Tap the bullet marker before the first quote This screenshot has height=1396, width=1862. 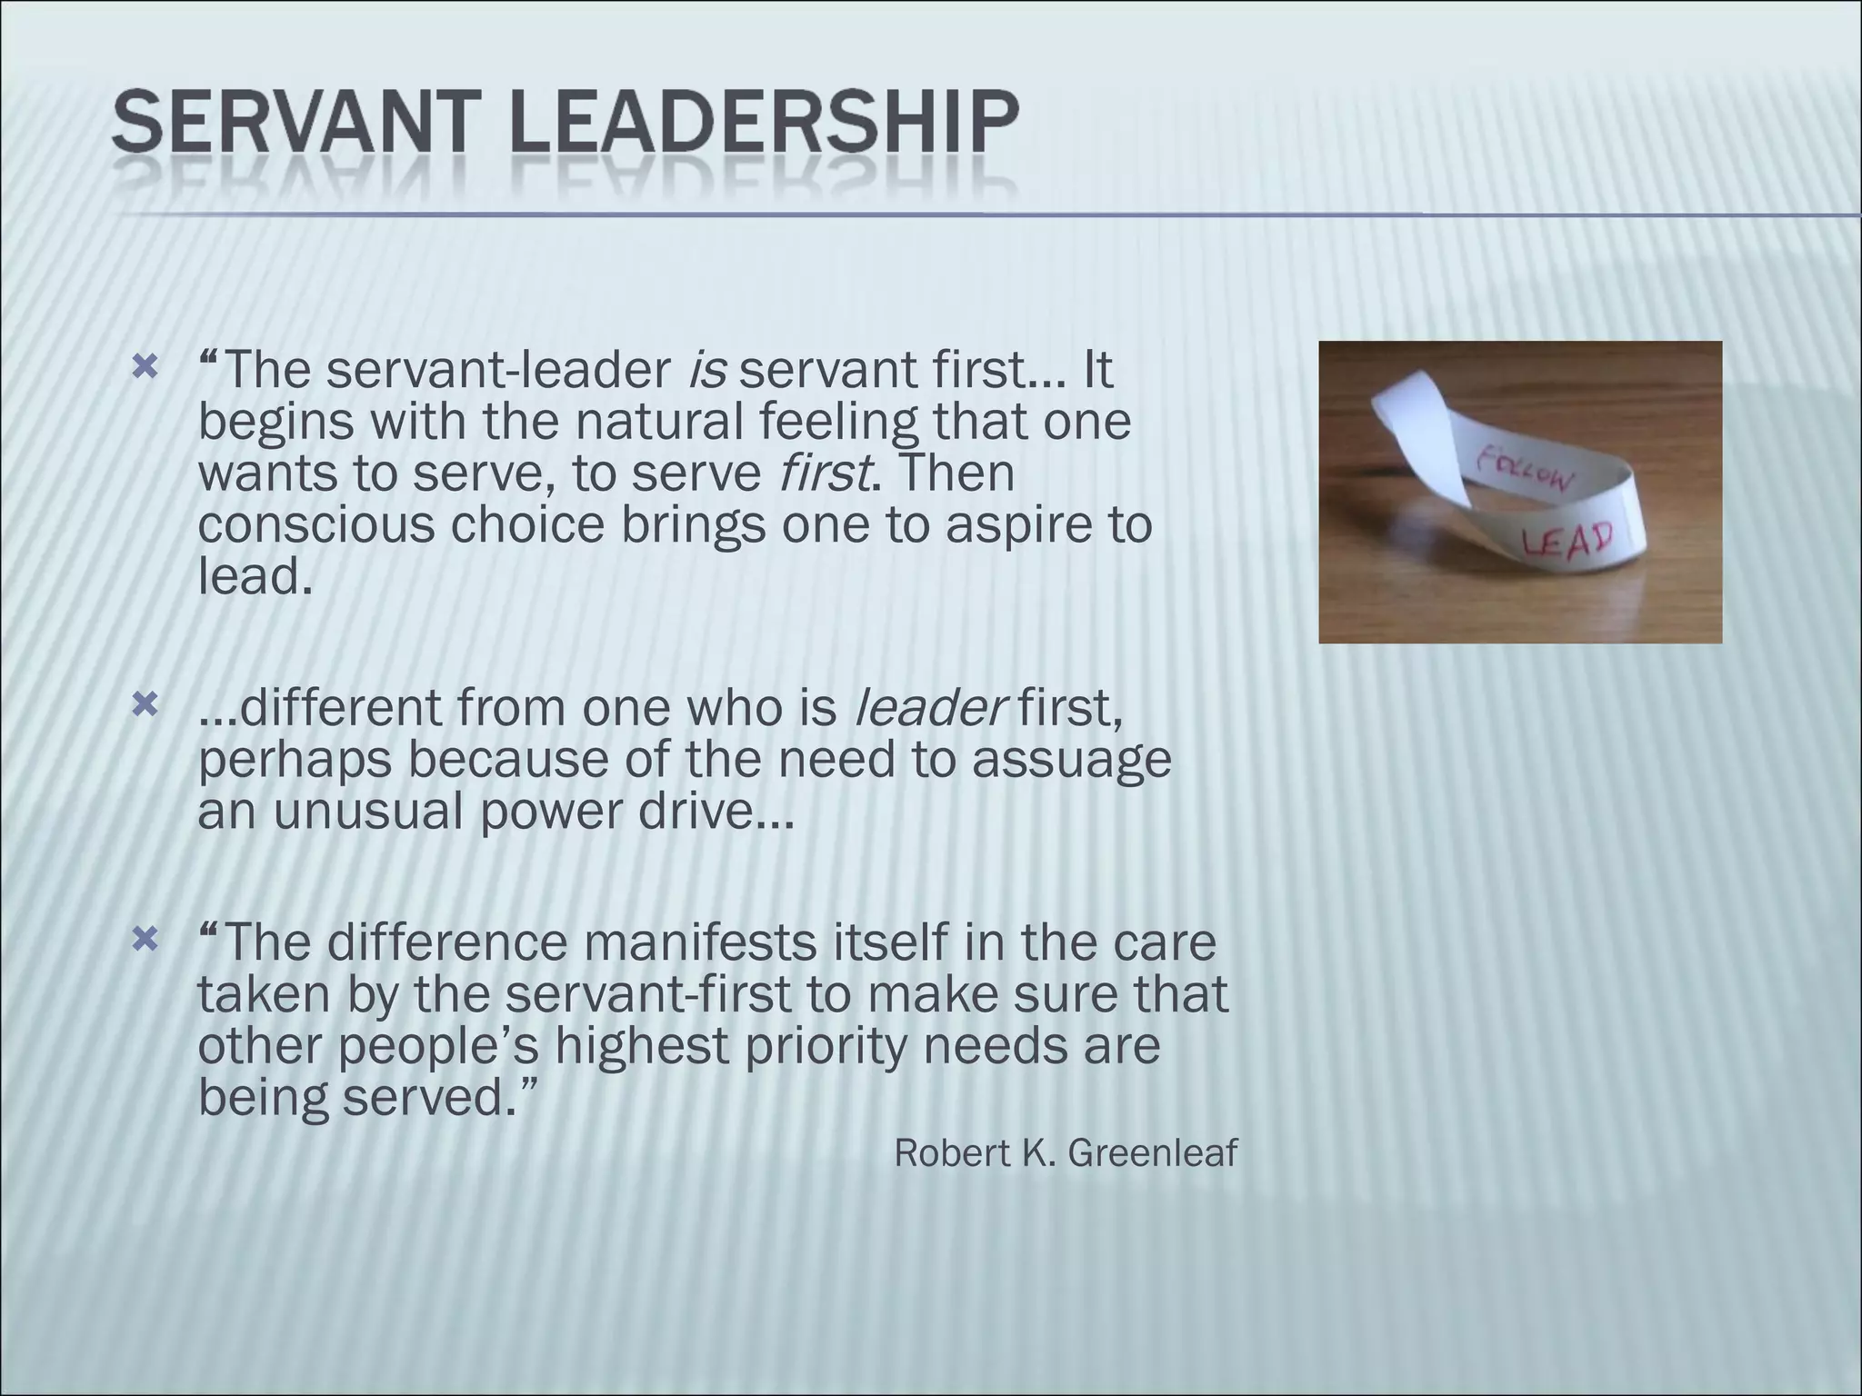coord(145,368)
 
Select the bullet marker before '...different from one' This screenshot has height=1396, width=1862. coord(145,704)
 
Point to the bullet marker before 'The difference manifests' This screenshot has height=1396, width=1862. coord(145,939)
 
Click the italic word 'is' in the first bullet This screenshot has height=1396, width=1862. coord(706,370)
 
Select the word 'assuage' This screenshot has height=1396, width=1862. coord(1072,759)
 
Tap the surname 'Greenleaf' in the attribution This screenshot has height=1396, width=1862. coord(1152,1153)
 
